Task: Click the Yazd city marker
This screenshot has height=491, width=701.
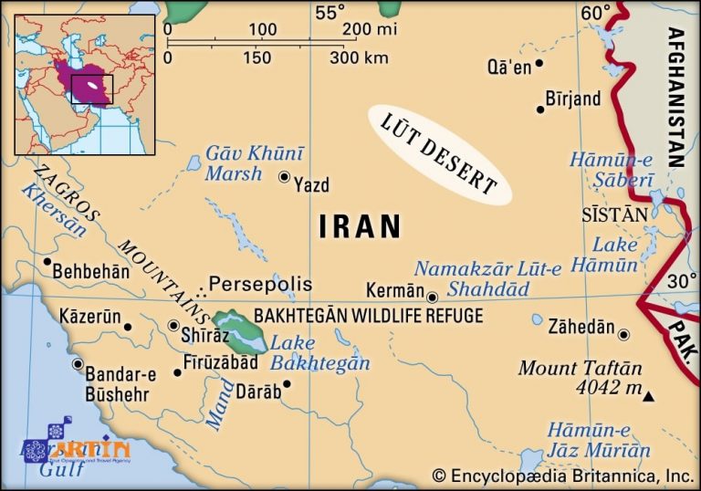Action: point(284,178)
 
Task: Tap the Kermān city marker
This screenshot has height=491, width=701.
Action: point(432,296)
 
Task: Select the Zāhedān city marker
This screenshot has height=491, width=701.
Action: point(623,334)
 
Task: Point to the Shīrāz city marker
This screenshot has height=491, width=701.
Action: point(174,325)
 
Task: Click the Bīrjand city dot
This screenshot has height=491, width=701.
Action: point(540,110)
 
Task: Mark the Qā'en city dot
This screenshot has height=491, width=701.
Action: point(539,63)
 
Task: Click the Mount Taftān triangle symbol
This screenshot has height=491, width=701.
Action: point(648,397)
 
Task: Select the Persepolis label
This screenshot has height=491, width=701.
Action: point(260,284)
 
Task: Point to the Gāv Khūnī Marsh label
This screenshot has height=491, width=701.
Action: point(246,162)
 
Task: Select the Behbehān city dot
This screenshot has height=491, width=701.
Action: point(47,262)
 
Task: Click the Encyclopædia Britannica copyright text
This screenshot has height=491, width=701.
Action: point(563,475)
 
